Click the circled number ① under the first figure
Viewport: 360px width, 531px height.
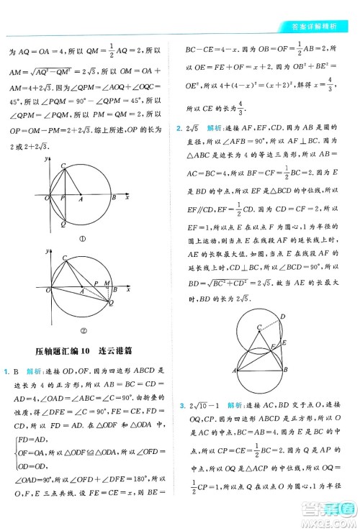click(83, 239)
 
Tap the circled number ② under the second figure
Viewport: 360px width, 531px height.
click(83, 332)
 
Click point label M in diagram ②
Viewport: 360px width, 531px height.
click(107, 285)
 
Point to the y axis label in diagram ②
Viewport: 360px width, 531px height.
click(48, 251)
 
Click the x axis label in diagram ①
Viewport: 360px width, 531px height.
click(127, 198)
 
